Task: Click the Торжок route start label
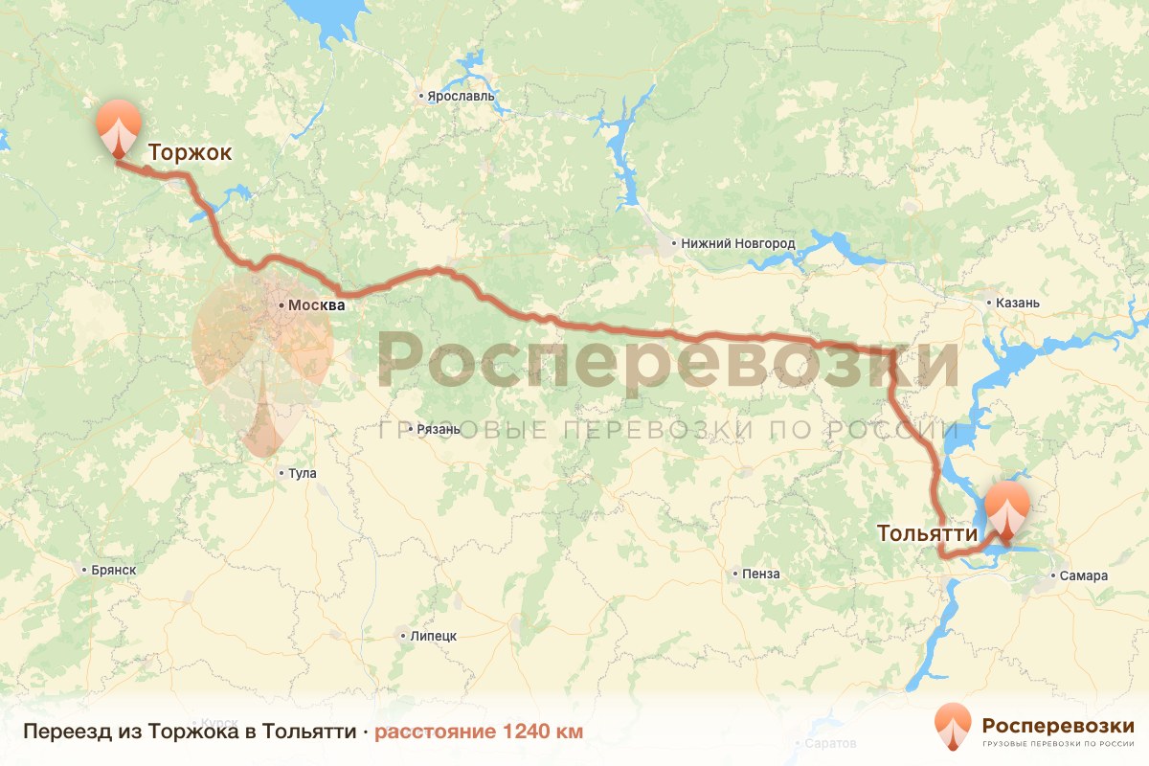click(190, 152)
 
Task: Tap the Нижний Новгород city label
click(738, 243)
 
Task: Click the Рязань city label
click(439, 429)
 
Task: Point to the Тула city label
click(303, 473)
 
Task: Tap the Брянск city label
click(114, 570)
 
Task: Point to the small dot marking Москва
click(281, 305)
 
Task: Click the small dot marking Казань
click(990, 304)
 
